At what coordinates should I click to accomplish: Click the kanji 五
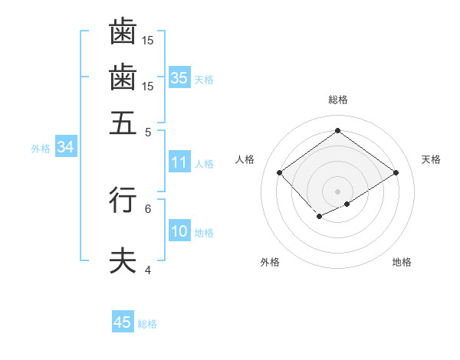(123, 122)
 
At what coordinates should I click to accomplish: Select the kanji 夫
(123, 260)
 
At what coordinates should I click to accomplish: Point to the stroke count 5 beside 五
(148, 131)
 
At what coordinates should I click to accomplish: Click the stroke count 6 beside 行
(148, 208)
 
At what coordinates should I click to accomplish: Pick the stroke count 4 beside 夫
(148, 270)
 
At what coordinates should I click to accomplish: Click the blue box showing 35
(179, 78)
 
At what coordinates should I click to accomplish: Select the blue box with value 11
(179, 162)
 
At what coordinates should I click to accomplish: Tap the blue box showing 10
(179, 232)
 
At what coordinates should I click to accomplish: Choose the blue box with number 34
(65, 148)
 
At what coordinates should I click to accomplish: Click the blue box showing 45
(122, 322)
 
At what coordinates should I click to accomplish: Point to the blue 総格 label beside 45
(147, 324)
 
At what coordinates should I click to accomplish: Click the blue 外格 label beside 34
(41, 149)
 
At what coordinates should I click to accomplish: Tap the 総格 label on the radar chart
(337, 100)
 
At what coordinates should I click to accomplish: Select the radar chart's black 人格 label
(245, 159)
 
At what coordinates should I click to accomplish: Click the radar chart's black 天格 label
(431, 159)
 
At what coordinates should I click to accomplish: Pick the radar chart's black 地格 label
(402, 262)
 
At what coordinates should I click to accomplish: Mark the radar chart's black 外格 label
(270, 262)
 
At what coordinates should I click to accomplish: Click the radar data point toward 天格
(396, 173)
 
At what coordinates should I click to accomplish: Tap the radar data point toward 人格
(280, 173)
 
